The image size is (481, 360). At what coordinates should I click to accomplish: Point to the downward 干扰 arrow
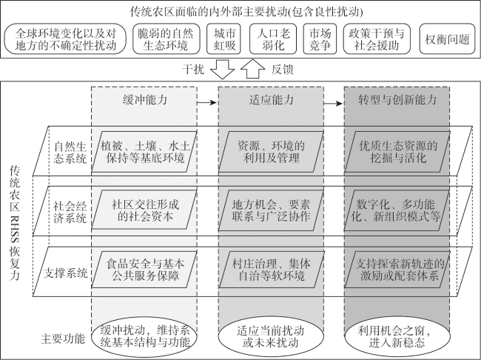click(x=223, y=70)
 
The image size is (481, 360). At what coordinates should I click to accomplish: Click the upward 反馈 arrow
click(x=253, y=68)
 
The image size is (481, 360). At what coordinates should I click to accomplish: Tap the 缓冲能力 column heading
click(x=145, y=100)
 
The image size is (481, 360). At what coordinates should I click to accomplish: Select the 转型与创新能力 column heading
click(x=397, y=100)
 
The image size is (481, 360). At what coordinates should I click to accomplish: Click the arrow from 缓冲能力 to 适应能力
click(x=207, y=102)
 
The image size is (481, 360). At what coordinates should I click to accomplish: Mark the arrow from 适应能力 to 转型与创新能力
click(x=333, y=104)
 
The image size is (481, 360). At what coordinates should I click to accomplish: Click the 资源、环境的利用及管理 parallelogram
click(x=271, y=152)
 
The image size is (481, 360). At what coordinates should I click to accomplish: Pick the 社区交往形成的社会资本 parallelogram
click(x=144, y=210)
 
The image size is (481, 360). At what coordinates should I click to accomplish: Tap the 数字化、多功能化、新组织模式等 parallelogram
click(x=397, y=210)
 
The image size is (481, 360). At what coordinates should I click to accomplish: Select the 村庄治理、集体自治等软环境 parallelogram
click(x=271, y=270)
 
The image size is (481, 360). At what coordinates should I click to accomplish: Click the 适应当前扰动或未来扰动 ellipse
click(x=271, y=336)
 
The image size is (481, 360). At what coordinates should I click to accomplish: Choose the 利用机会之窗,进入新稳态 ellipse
click(x=397, y=336)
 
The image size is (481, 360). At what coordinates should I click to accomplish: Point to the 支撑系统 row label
click(x=66, y=273)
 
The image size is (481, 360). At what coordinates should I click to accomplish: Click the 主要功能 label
click(x=63, y=339)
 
